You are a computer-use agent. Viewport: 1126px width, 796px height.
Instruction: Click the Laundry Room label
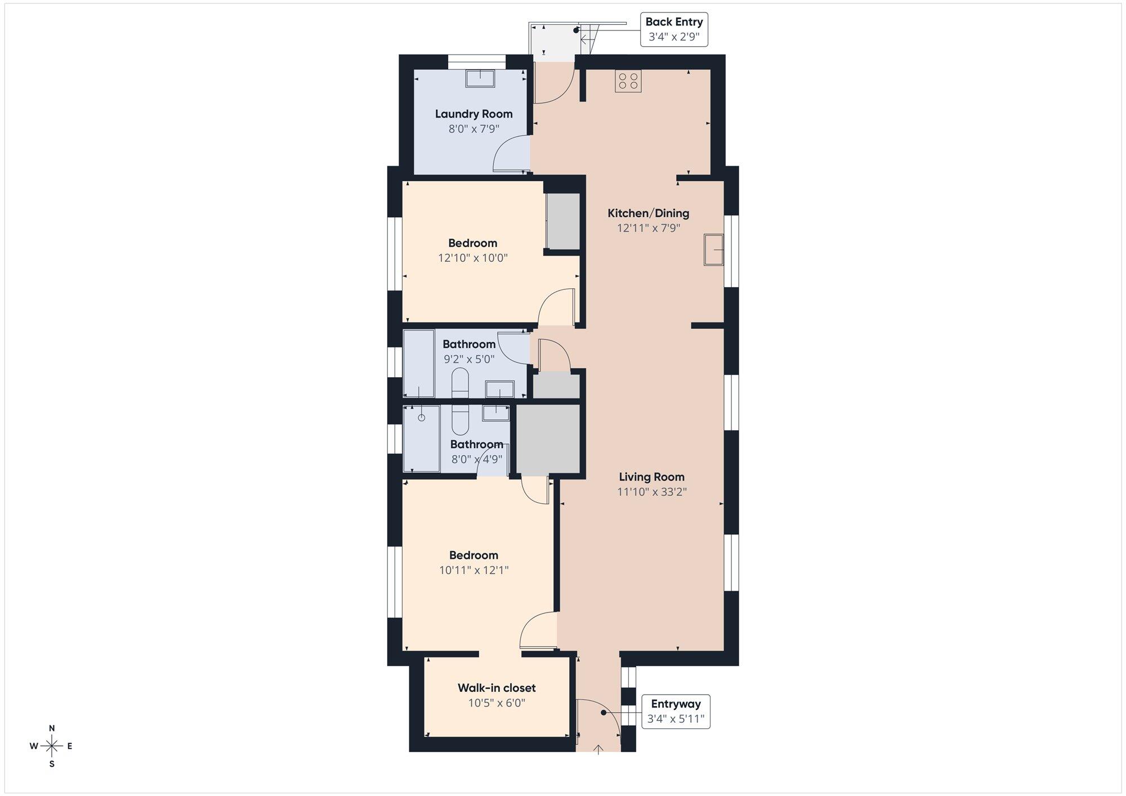(x=473, y=114)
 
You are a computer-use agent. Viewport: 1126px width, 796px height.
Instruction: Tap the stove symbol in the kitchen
(x=628, y=81)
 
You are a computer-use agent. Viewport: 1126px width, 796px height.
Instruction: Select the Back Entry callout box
(x=674, y=29)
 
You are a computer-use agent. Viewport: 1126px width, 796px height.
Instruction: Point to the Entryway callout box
(x=676, y=712)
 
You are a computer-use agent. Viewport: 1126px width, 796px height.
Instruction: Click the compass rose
(x=52, y=746)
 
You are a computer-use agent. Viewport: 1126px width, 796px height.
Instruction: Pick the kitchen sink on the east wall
(x=713, y=250)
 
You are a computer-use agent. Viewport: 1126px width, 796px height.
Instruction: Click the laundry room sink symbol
(x=480, y=78)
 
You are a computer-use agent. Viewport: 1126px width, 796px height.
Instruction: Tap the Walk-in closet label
(x=497, y=688)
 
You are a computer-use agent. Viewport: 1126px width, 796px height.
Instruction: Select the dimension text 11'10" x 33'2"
(x=652, y=492)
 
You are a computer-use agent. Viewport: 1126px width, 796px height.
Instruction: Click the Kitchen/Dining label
(x=649, y=213)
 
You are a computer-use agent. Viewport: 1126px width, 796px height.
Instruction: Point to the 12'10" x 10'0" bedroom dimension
(x=473, y=258)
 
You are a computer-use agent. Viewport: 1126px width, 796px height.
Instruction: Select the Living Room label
(x=652, y=477)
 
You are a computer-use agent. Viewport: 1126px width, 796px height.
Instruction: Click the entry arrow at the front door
(x=598, y=748)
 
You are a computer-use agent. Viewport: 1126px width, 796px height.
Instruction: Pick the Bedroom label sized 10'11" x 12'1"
(x=473, y=555)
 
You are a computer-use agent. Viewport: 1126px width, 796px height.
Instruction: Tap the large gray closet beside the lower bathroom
(x=548, y=439)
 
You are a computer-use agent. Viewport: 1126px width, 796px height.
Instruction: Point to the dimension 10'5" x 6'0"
(x=497, y=703)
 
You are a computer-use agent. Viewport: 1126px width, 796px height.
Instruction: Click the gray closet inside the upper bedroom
(x=564, y=221)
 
